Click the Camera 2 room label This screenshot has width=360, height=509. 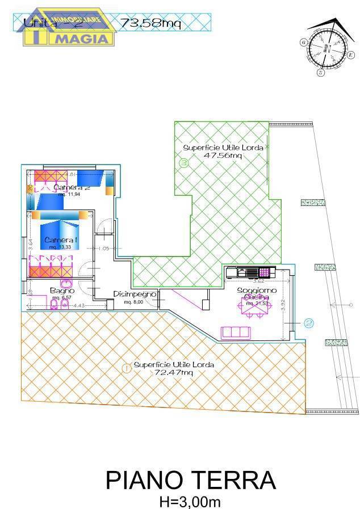[72, 188]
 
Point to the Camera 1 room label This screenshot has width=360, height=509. [61, 240]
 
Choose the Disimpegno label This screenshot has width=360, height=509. [135, 294]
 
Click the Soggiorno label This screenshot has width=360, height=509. [257, 291]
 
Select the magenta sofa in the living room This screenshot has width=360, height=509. [236, 332]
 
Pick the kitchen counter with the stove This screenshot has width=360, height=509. [250, 272]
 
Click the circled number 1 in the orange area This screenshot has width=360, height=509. [127, 368]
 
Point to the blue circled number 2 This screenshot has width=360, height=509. [309, 323]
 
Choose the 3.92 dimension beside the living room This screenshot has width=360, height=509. [282, 305]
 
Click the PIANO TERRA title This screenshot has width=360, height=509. [191, 480]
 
